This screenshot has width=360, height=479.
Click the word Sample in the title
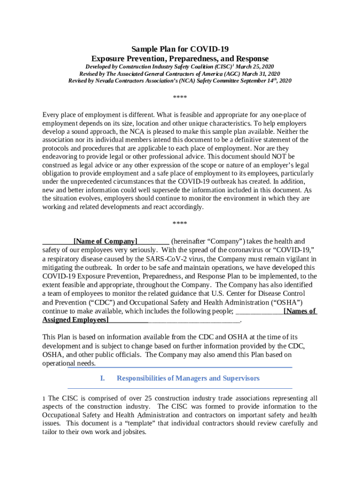pos(143,49)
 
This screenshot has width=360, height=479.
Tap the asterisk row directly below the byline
pos(180,98)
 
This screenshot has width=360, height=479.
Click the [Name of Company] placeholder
pos(105,241)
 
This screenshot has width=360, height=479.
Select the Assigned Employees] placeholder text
pos(75,319)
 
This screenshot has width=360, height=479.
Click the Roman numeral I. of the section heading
pos(103,378)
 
